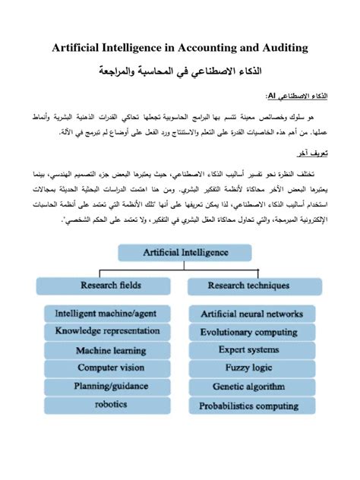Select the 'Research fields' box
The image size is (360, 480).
point(110,286)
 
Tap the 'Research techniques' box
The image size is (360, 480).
point(248,286)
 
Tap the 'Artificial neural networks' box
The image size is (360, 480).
point(251,313)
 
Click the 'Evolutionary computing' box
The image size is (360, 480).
point(251,332)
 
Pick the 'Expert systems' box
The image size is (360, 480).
point(251,350)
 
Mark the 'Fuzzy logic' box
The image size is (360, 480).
point(251,368)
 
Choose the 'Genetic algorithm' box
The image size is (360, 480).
point(251,387)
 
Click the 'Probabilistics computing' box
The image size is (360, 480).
point(251,406)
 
